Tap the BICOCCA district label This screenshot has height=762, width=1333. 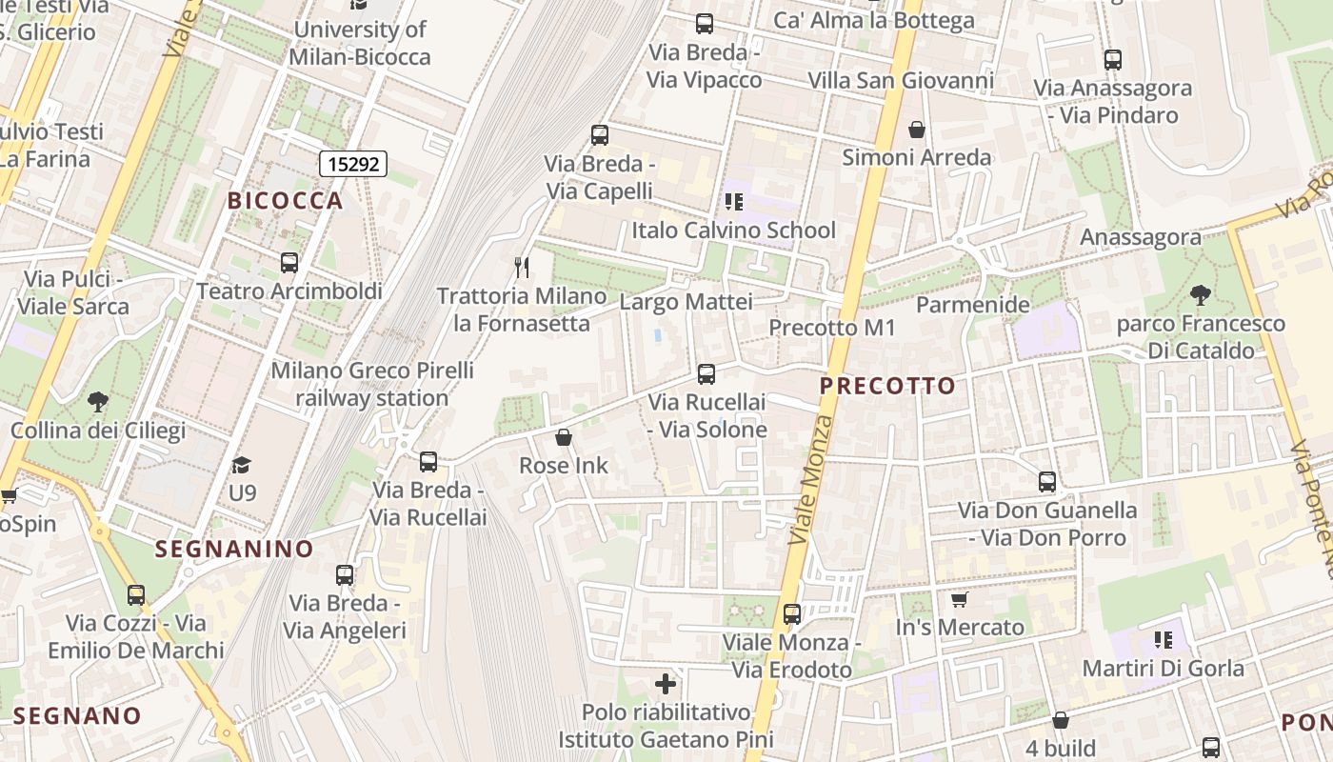tap(285, 200)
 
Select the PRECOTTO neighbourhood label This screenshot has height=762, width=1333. tap(887, 386)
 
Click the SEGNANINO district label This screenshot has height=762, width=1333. tap(234, 549)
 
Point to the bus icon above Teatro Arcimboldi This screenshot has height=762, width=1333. tap(289, 263)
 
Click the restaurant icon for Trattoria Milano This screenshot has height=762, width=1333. tap(521, 267)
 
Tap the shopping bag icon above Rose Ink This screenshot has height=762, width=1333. tap(564, 437)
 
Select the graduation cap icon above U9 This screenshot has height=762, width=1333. tap(242, 465)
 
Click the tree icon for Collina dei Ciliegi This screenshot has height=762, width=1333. tap(97, 402)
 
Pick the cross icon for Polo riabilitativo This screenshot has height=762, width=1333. tap(666, 684)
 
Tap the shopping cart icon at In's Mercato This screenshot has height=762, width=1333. tap(959, 600)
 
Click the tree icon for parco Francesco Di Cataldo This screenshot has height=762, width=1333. tap(1201, 295)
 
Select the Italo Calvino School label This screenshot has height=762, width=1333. tap(733, 230)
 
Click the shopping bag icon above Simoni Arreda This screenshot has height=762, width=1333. tap(917, 129)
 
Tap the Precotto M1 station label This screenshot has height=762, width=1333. tap(832, 328)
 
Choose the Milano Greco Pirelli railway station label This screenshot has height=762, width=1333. tap(371, 384)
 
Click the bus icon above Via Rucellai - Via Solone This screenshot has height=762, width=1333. tap(706, 374)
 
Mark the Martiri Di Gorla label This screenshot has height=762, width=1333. tap(1163, 668)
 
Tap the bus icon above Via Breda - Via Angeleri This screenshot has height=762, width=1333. tap(345, 575)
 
